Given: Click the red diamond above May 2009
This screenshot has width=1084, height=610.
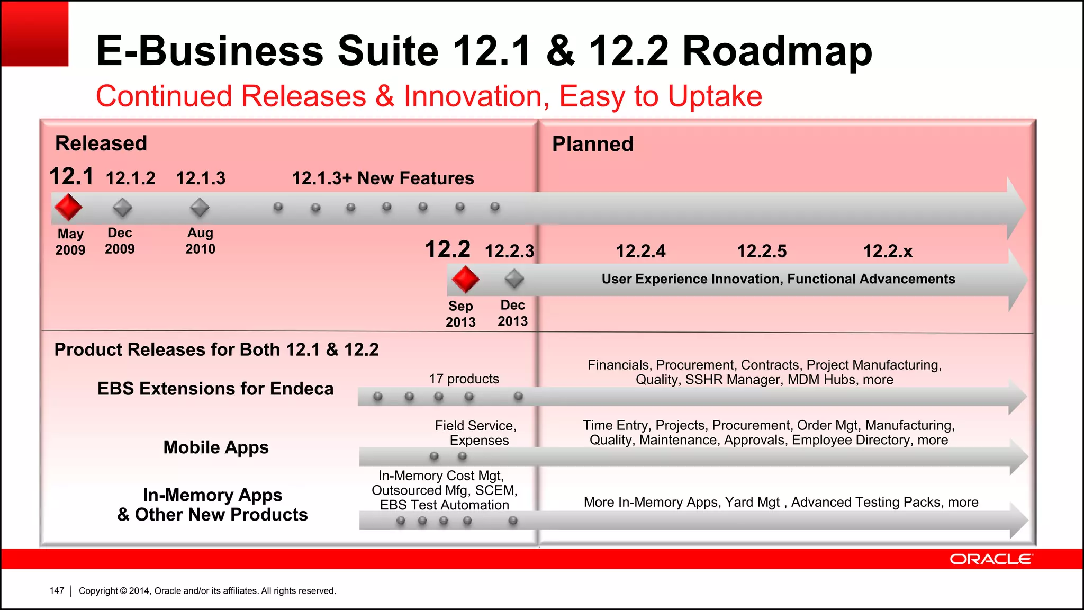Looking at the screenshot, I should [x=68, y=207].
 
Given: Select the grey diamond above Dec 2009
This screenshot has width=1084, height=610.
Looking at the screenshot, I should [x=122, y=208].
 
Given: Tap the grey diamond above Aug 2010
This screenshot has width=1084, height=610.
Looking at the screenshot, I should [x=200, y=208].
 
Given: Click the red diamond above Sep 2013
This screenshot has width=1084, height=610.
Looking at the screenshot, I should [x=465, y=279].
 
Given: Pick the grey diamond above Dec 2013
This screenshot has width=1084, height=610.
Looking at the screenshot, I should [x=514, y=279].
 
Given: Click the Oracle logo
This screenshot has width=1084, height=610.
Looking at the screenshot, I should [x=990, y=559].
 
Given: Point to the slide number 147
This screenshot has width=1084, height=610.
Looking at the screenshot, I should [x=57, y=590].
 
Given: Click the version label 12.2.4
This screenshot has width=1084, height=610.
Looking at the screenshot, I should [x=640, y=251].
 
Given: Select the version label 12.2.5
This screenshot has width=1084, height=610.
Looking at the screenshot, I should [x=762, y=251].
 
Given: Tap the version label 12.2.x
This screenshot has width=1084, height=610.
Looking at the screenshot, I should [x=888, y=251].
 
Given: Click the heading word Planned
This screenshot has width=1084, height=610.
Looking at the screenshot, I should [x=592, y=144].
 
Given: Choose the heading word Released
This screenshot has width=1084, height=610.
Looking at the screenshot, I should [x=101, y=143].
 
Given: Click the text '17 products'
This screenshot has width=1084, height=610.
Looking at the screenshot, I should [x=464, y=379].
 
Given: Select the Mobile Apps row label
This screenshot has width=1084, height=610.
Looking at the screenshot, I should [x=216, y=447].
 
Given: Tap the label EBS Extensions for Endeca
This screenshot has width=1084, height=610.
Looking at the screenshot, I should [x=215, y=389].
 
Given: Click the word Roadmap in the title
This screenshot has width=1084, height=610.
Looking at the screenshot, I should [x=777, y=51].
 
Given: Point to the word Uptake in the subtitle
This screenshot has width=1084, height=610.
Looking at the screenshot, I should [x=715, y=96].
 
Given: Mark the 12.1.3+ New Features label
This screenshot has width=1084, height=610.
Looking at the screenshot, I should [x=383, y=178].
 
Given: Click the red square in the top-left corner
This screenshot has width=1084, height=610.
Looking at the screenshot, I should [x=35, y=34].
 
